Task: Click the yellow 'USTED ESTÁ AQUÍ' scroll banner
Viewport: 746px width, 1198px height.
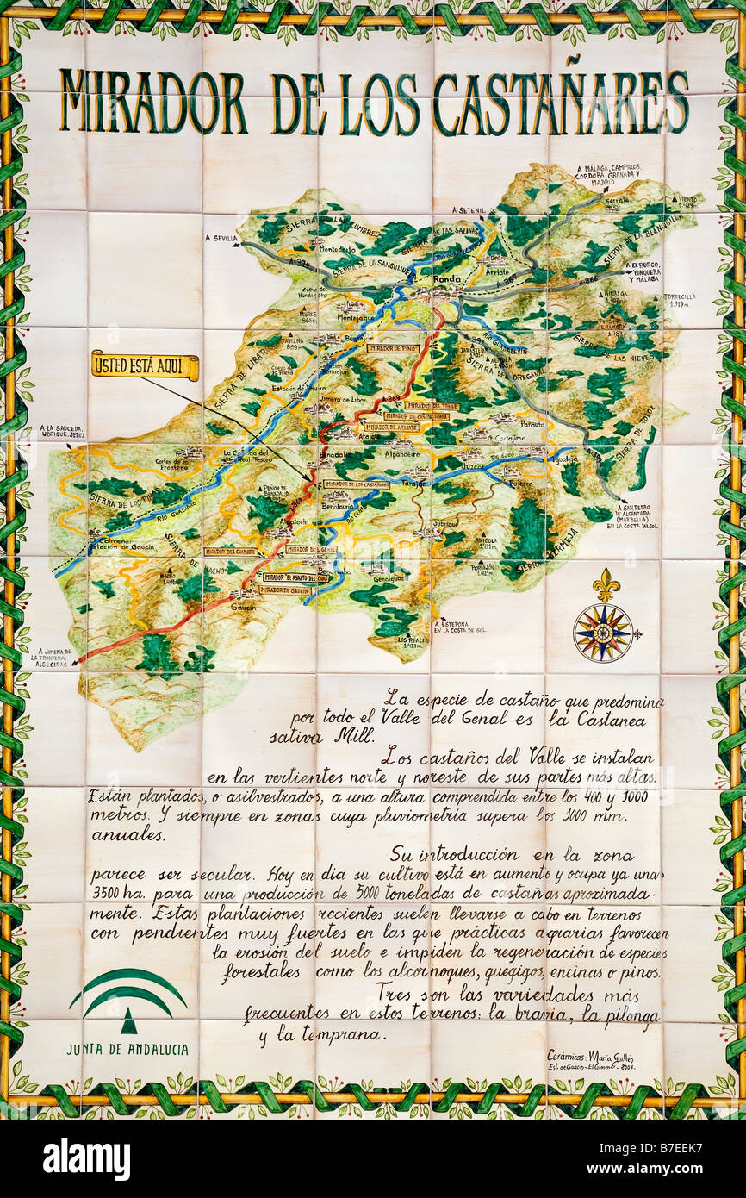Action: [x=145, y=365]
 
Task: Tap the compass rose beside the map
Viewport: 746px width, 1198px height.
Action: [x=603, y=633]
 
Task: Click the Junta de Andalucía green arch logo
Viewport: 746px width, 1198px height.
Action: [x=128, y=1001]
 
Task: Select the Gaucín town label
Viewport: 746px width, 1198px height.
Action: [x=246, y=606]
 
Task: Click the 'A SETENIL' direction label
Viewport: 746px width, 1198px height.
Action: [x=469, y=209]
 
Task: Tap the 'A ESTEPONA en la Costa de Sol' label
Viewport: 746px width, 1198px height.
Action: [x=459, y=627]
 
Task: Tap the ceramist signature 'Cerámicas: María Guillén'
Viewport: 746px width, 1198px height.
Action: [x=590, y=1055]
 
